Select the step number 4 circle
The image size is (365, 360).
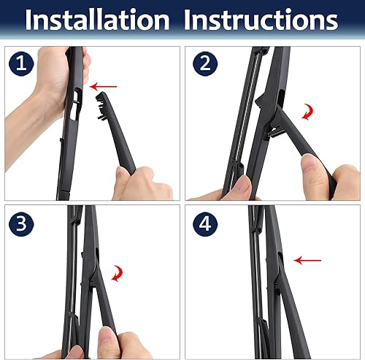tap(205, 222)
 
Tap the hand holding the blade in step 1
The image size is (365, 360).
tap(55, 88)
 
